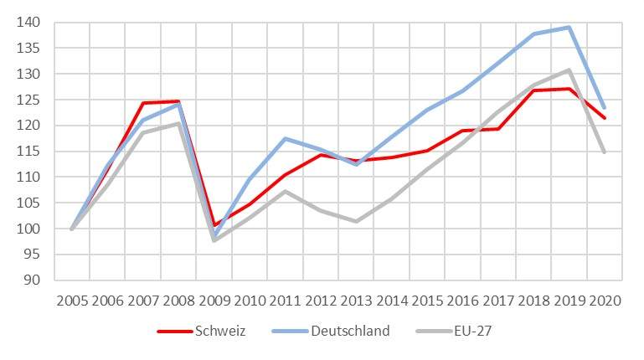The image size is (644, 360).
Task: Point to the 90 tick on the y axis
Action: [x=31, y=280]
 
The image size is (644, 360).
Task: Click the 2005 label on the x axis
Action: [x=72, y=300]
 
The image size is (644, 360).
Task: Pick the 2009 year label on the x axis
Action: [x=214, y=300]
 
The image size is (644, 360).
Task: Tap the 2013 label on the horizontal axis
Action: [x=356, y=300]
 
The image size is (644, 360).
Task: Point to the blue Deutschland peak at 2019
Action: [x=569, y=27]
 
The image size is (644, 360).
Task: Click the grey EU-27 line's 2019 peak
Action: [x=569, y=70]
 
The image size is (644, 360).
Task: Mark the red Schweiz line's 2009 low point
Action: [x=214, y=225]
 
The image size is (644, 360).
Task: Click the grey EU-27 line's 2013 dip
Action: [x=356, y=222]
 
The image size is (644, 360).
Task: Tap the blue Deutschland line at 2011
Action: [x=286, y=138]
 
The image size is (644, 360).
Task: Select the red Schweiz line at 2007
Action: [x=143, y=103]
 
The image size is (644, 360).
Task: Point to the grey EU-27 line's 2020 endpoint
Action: [x=605, y=152]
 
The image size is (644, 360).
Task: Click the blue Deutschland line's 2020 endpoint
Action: [x=605, y=108]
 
